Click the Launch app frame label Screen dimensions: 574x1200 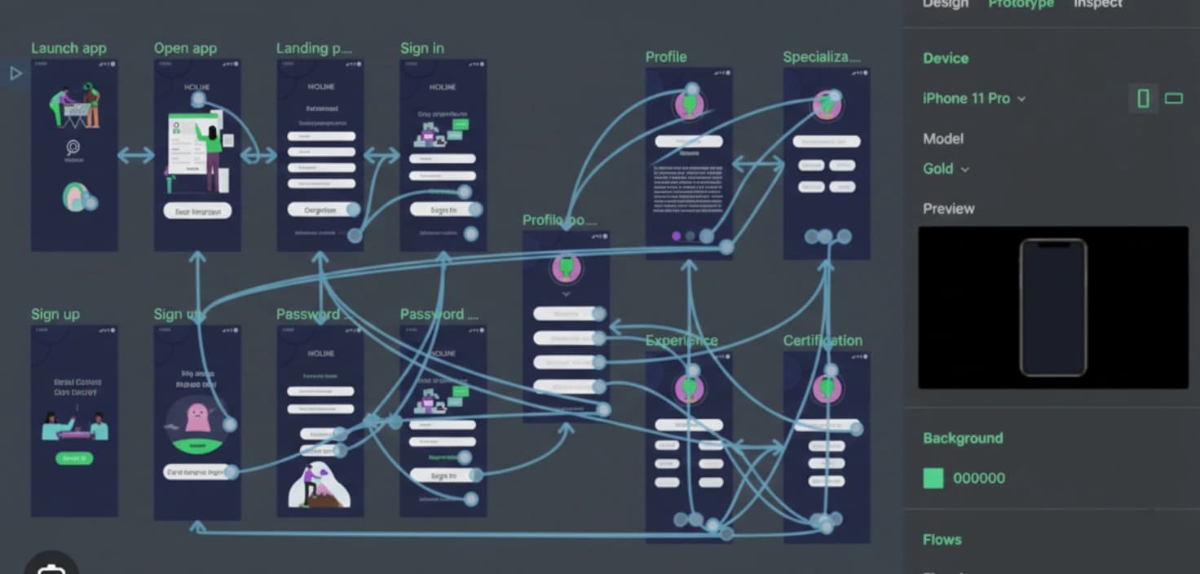click(x=68, y=48)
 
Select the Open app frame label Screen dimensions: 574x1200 click(x=185, y=48)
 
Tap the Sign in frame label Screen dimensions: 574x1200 click(x=421, y=48)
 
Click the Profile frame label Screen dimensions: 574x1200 click(x=665, y=56)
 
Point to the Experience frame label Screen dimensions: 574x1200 click(x=682, y=340)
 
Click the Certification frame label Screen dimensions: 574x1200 click(x=822, y=340)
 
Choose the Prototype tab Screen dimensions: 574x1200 click(x=1021, y=4)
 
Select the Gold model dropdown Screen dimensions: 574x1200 click(x=946, y=169)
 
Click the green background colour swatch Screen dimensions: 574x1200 click(x=933, y=478)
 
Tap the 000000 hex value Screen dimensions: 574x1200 click(x=978, y=478)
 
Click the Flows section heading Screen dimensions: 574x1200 click(x=942, y=540)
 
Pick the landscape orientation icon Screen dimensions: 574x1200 click(x=1173, y=99)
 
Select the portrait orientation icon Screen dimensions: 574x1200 click(x=1143, y=99)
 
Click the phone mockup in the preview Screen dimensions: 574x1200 click(x=1052, y=307)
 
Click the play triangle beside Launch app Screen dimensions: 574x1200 click(x=15, y=73)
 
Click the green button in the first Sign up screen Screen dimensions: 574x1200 click(x=74, y=458)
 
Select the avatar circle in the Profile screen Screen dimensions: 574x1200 click(x=689, y=105)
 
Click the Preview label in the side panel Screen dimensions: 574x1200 click(x=948, y=208)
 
